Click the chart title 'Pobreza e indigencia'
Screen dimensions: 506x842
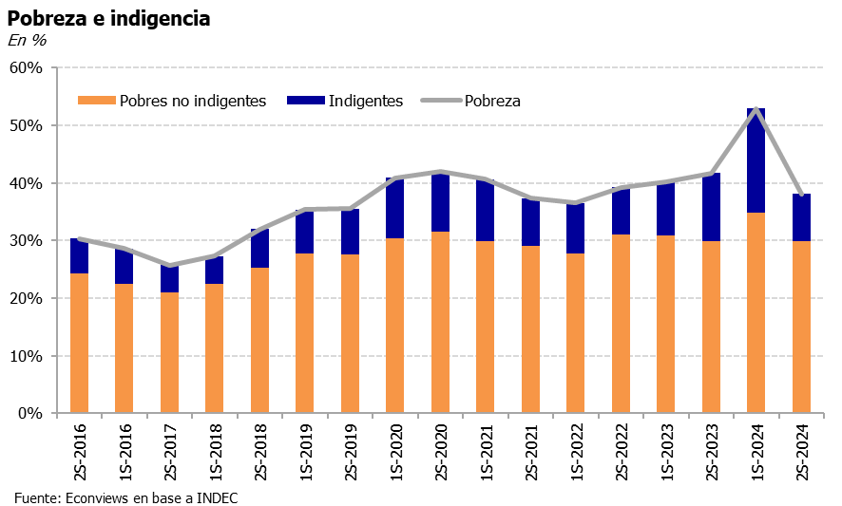(x=109, y=18)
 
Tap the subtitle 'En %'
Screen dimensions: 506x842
(x=27, y=40)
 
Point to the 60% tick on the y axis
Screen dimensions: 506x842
(x=27, y=67)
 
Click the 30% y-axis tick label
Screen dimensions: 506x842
(x=27, y=241)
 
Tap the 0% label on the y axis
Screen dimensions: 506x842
(x=30, y=414)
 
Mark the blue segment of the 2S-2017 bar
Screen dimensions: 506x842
(x=169, y=279)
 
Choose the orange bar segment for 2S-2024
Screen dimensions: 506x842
(x=801, y=328)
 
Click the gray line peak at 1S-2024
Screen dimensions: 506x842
(x=756, y=109)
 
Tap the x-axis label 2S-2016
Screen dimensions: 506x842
(x=79, y=455)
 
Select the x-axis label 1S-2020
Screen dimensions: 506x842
(x=394, y=455)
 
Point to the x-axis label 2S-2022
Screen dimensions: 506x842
(x=621, y=455)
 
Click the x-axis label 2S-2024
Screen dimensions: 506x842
(x=801, y=455)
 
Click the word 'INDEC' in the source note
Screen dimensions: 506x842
(x=217, y=497)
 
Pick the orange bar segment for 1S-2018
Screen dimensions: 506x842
(x=214, y=349)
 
